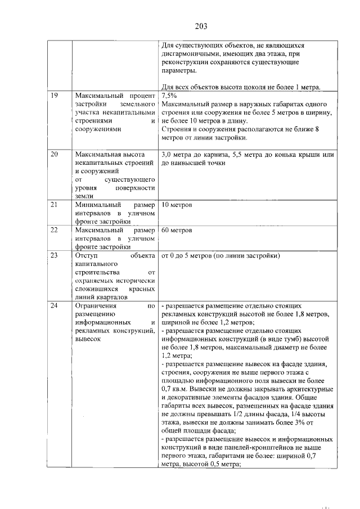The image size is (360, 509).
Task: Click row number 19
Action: (x=55, y=96)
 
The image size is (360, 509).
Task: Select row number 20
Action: (x=55, y=154)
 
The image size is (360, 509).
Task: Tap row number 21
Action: (x=55, y=205)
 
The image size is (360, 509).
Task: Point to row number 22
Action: (x=55, y=230)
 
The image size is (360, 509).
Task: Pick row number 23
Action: (x=55, y=256)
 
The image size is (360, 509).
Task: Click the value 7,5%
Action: (x=169, y=96)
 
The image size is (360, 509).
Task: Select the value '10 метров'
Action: (x=177, y=205)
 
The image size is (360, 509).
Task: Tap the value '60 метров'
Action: (x=177, y=230)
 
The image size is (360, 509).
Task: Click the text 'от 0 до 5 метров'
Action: (x=190, y=256)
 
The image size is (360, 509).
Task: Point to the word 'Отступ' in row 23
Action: (x=86, y=256)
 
